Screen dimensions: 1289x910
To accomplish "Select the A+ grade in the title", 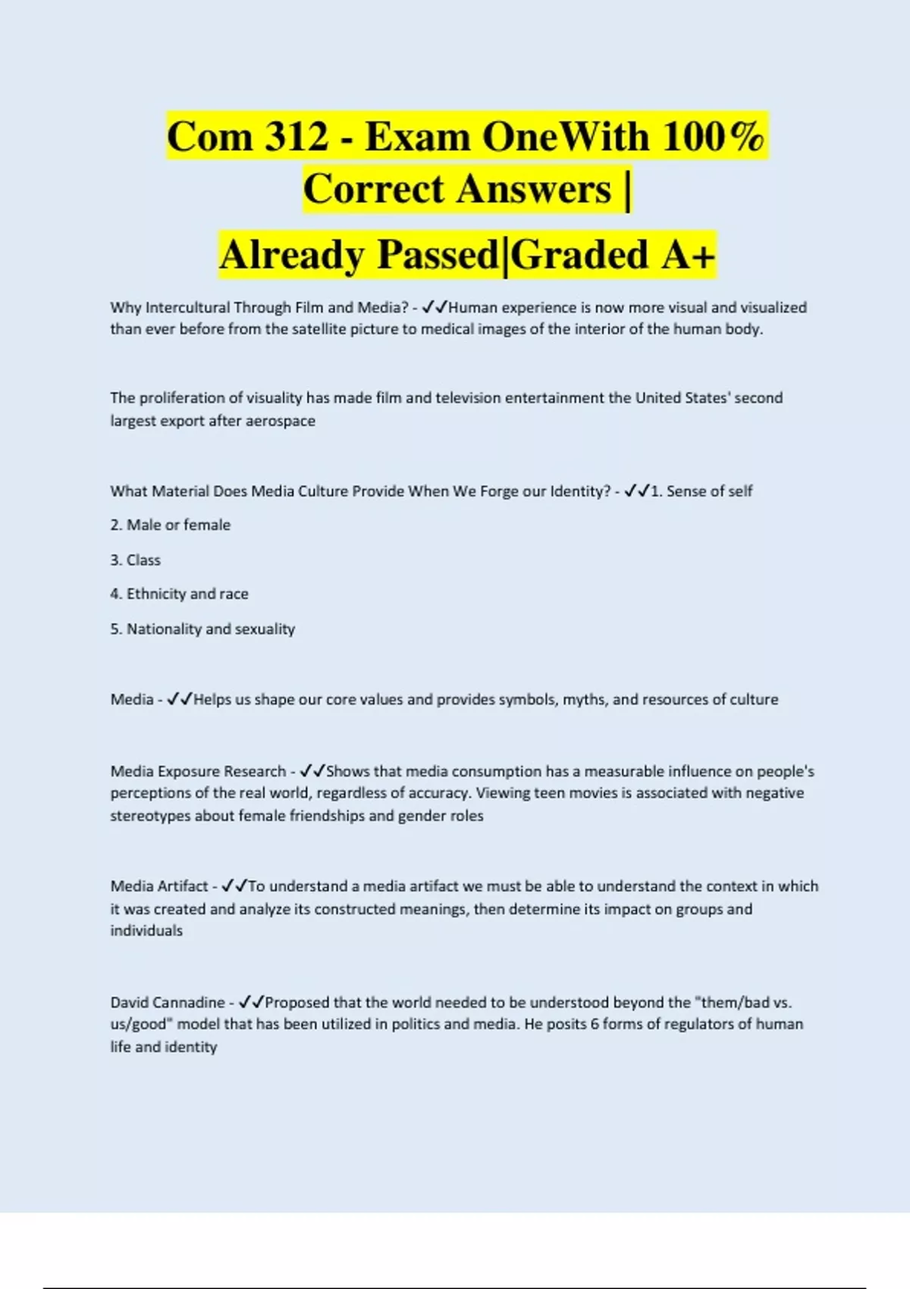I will (688, 255).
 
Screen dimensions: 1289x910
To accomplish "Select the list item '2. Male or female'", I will (171, 525).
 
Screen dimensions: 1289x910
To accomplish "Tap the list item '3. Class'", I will (136, 560).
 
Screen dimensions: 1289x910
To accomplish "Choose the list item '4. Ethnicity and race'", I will (180, 594).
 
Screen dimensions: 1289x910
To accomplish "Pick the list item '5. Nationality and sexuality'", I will (202, 629).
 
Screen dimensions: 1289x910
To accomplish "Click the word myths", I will (584, 699).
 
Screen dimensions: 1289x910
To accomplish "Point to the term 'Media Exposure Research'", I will (198, 771).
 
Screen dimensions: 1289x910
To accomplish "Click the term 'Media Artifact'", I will (159, 886).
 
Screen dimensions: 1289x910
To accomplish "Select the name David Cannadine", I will (168, 1002).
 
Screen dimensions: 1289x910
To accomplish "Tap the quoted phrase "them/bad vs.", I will (743, 1002).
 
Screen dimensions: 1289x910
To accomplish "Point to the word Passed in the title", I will (438, 255).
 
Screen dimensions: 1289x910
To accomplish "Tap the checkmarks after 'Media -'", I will (180, 699).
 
